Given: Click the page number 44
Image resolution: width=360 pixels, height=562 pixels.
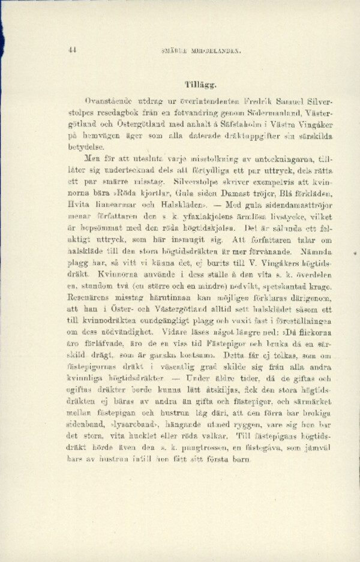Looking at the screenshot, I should pos(73,51).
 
